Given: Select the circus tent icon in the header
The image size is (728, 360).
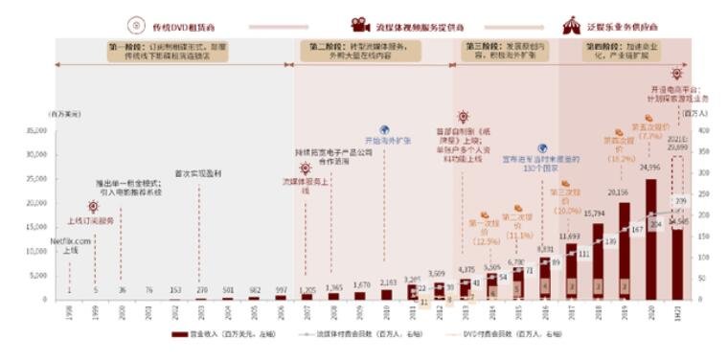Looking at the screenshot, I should [x=571, y=24].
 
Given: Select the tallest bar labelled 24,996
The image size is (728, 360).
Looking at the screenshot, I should [x=650, y=238].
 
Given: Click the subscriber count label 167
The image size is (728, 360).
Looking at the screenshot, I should [x=637, y=231].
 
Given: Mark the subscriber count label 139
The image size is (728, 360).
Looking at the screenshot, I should [x=610, y=240].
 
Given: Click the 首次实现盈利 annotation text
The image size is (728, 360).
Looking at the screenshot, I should [x=198, y=173].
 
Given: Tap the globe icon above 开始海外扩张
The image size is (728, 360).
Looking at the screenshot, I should [x=384, y=129].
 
